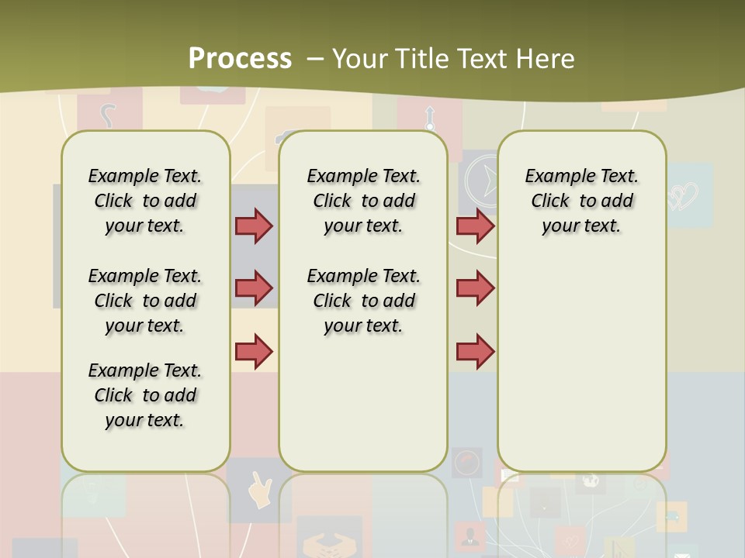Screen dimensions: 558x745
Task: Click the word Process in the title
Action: (240, 58)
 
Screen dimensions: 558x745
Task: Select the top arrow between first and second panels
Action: (254, 226)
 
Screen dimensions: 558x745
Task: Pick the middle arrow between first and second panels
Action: (254, 288)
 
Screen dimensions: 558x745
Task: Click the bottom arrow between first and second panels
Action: (254, 352)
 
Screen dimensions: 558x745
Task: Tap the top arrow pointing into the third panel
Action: (475, 226)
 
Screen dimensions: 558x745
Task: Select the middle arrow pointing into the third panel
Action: (475, 288)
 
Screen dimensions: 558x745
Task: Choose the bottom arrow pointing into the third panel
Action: (475, 352)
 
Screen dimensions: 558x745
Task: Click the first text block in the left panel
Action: (145, 201)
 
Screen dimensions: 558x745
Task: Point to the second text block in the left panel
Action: (145, 301)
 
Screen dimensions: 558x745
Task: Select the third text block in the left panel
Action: (145, 395)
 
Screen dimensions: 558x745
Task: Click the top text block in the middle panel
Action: (363, 201)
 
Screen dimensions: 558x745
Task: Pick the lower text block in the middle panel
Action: (363, 301)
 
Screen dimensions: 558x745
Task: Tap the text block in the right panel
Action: (581, 201)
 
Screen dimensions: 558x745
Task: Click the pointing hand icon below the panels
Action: (259, 490)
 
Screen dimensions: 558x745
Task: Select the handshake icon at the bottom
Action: (329, 542)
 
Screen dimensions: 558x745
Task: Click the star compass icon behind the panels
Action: (483, 183)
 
